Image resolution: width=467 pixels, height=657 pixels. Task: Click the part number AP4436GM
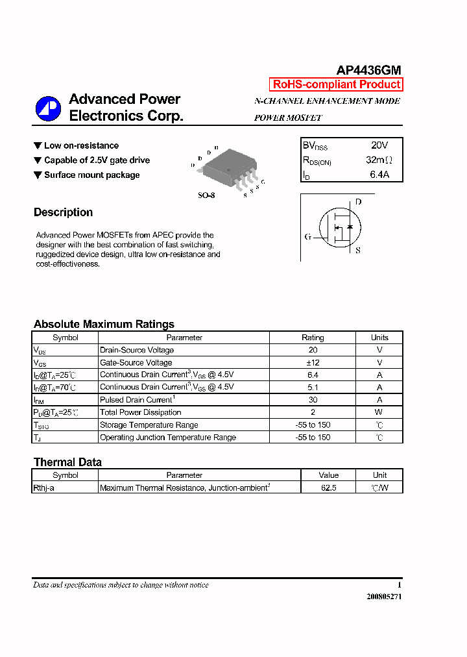click(368, 70)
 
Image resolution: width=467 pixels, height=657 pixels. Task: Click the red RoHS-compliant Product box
click(336, 84)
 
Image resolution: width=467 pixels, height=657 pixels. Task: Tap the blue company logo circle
click(48, 108)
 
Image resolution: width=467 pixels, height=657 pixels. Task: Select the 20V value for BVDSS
click(379, 145)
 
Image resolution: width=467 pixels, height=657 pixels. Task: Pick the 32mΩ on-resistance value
click(379, 160)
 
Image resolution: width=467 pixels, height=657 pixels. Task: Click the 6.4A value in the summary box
click(379, 174)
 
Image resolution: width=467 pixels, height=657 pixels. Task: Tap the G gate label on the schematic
click(307, 237)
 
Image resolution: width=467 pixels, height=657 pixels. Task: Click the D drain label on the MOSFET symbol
click(358, 202)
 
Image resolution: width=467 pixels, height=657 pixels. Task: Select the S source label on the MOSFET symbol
click(358, 250)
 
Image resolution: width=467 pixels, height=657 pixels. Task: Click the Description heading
click(63, 212)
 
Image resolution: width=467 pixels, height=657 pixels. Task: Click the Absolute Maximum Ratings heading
click(104, 324)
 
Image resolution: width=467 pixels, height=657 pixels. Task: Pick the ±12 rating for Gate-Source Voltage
click(313, 362)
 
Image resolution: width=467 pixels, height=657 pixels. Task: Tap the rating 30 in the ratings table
click(313, 400)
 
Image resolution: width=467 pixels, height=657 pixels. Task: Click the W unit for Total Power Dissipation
click(379, 412)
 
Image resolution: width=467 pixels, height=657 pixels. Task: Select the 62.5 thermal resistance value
click(328, 488)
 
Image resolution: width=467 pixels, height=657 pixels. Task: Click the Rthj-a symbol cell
click(43, 488)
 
